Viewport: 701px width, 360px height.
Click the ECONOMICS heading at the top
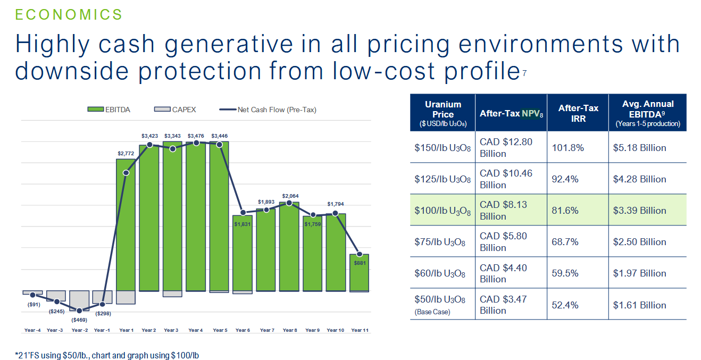tap(69, 14)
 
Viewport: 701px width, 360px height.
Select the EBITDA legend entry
tap(109, 110)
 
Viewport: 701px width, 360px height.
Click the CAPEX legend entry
tap(175, 110)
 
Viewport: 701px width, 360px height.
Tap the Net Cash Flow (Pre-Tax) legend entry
tap(268, 110)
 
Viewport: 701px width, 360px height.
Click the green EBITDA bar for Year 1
tap(126, 223)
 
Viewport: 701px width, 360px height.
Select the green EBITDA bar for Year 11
tap(360, 272)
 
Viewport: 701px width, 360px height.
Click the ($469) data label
tap(80, 320)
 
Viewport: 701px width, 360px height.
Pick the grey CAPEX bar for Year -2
tap(79, 300)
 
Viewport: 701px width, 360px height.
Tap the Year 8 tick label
tap(290, 330)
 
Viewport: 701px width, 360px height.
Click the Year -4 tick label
tap(33, 330)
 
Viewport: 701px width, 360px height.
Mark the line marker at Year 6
tap(243, 213)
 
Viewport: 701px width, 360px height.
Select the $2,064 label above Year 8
tap(290, 196)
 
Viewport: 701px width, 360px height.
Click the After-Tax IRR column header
tap(578, 113)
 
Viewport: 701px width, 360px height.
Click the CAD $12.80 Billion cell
tap(505, 148)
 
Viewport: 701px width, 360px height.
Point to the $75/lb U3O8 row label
tap(440, 242)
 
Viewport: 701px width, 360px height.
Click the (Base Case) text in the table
tap(432, 312)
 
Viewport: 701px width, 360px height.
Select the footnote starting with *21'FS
tap(106, 355)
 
